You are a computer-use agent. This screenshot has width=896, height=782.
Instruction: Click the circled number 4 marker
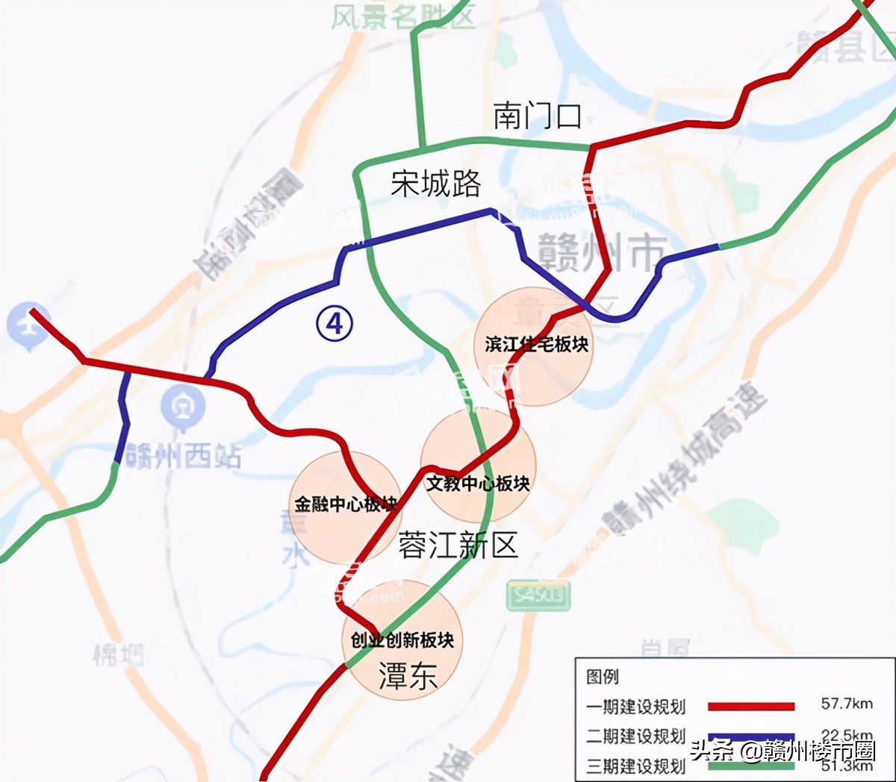(x=335, y=323)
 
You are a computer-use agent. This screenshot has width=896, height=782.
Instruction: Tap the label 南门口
(x=537, y=116)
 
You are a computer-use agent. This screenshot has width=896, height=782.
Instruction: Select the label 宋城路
(x=436, y=183)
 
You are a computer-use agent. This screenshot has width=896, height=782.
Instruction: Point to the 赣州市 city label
(x=602, y=251)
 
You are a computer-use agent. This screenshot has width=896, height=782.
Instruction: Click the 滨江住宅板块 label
(x=536, y=344)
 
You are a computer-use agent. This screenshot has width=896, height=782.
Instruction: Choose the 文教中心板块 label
(x=478, y=484)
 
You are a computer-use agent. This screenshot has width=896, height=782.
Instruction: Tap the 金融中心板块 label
(x=345, y=504)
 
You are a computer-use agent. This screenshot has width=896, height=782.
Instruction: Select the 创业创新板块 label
(x=402, y=640)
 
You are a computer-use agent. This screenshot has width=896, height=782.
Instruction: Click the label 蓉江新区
(x=458, y=545)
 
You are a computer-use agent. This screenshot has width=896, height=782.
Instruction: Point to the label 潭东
(x=408, y=676)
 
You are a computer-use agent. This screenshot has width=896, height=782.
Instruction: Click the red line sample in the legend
(x=750, y=706)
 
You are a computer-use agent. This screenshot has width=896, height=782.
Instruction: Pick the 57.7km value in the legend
(x=847, y=704)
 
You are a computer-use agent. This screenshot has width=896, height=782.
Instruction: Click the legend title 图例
(x=603, y=677)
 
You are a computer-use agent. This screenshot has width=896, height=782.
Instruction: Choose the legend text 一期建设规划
(x=635, y=707)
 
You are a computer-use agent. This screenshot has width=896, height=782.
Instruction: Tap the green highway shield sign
(x=538, y=595)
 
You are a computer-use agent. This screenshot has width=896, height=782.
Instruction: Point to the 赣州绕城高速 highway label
(x=687, y=459)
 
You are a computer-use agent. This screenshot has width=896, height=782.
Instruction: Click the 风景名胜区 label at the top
(x=403, y=15)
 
